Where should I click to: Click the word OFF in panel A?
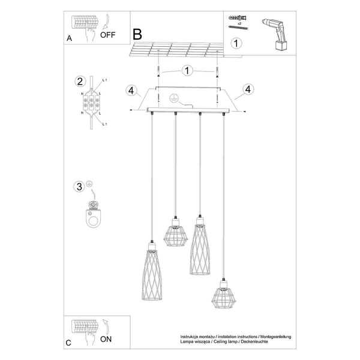point(108,34)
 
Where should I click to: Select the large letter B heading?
point(138,34)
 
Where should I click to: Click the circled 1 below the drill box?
point(237,43)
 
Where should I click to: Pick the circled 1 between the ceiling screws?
point(187,71)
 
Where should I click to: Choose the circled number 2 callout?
point(79,82)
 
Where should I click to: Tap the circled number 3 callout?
point(79,187)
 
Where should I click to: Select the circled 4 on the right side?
point(247,91)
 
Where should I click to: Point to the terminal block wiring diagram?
point(92,105)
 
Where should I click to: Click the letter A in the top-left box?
point(70,38)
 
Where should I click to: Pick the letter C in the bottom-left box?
point(69,343)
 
